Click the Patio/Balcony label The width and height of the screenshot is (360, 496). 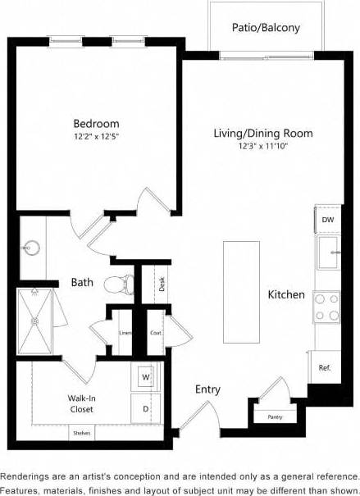tap(265, 28)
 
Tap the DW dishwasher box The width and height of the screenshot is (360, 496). tap(328, 220)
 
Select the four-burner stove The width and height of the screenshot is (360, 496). tap(327, 307)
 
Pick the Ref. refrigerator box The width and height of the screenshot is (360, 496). tap(325, 367)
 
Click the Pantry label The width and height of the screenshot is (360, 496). tap(276, 417)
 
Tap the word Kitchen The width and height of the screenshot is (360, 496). tap(286, 294)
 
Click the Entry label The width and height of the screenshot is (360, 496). tap(207, 389)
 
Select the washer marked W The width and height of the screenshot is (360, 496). tap(145, 377)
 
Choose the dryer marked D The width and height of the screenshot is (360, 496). tap(145, 407)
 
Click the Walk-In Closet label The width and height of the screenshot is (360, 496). tap(80, 403)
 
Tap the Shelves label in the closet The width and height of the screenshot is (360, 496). tap(81, 433)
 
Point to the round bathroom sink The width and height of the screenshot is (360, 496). tap(33, 246)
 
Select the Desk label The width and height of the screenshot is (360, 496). tap(162, 284)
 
